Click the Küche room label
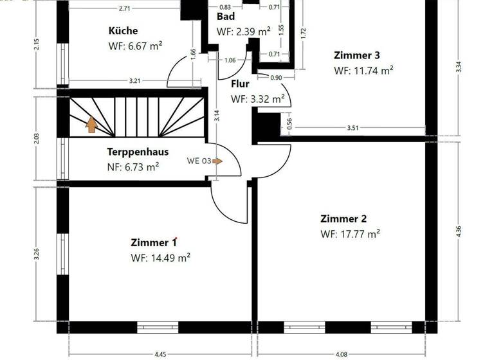click(x=123, y=30)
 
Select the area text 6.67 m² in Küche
click(x=136, y=46)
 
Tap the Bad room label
click(x=225, y=17)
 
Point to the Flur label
click(x=240, y=84)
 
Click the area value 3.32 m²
click(x=258, y=99)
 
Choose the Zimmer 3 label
click(x=352, y=55)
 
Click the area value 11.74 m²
click(x=363, y=71)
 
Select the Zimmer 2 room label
click(x=343, y=219)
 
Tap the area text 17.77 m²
click(x=350, y=234)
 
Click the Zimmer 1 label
click(x=153, y=242)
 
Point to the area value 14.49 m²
click(x=160, y=258)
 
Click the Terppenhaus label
click(x=138, y=152)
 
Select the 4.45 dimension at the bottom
click(x=160, y=353)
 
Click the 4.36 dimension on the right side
click(x=458, y=231)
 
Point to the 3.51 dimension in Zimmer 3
click(x=352, y=128)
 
